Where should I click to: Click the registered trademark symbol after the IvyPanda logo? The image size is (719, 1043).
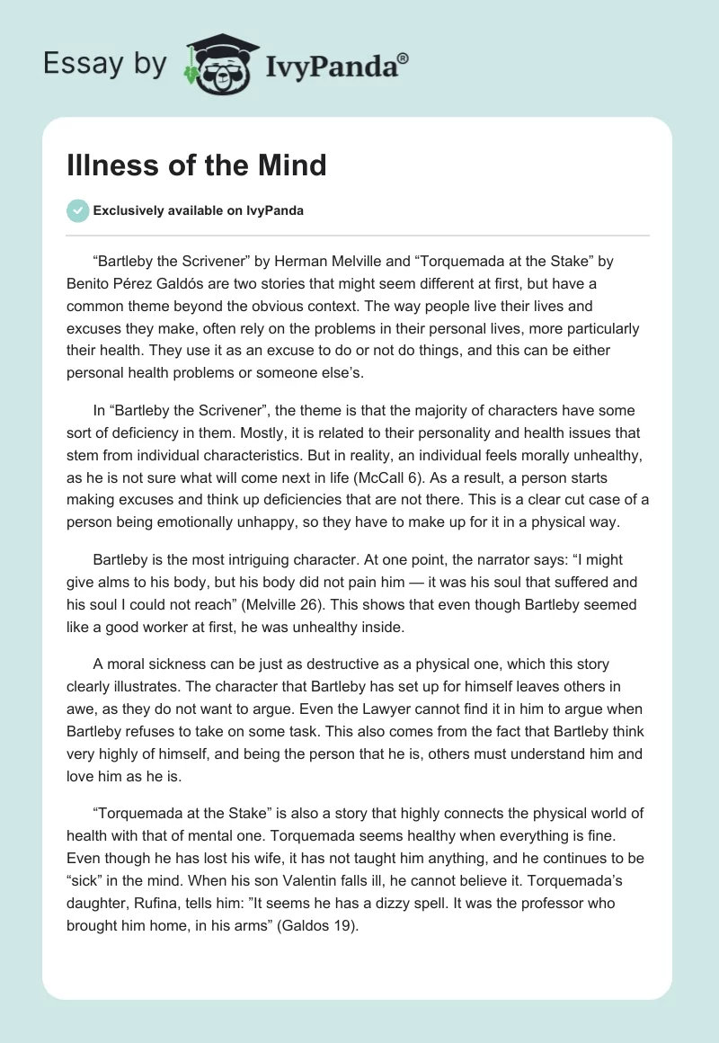coord(403,58)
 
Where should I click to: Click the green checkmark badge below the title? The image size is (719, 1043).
coord(77,211)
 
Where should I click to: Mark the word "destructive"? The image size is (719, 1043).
coord(317,664)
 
